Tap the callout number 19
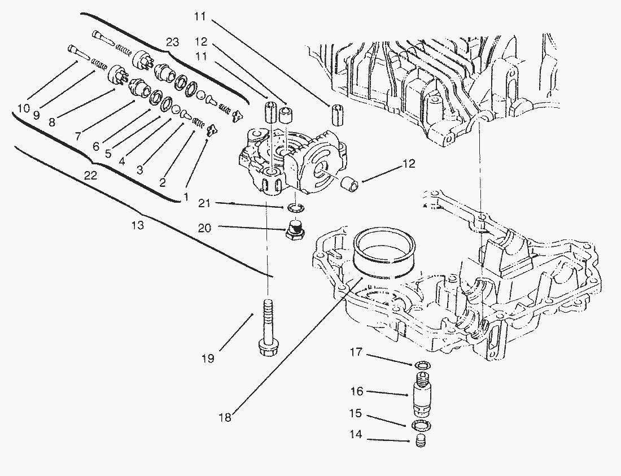(208, 359)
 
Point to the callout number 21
(204, 202)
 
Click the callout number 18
(224, 418)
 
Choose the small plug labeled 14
(419, 440)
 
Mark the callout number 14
(356, 436)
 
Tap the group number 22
(90, 176)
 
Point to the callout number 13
(137, 225)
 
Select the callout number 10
(23, 107)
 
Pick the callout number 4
(122, 161)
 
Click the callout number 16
(357, 391)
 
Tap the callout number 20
(204, 228)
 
